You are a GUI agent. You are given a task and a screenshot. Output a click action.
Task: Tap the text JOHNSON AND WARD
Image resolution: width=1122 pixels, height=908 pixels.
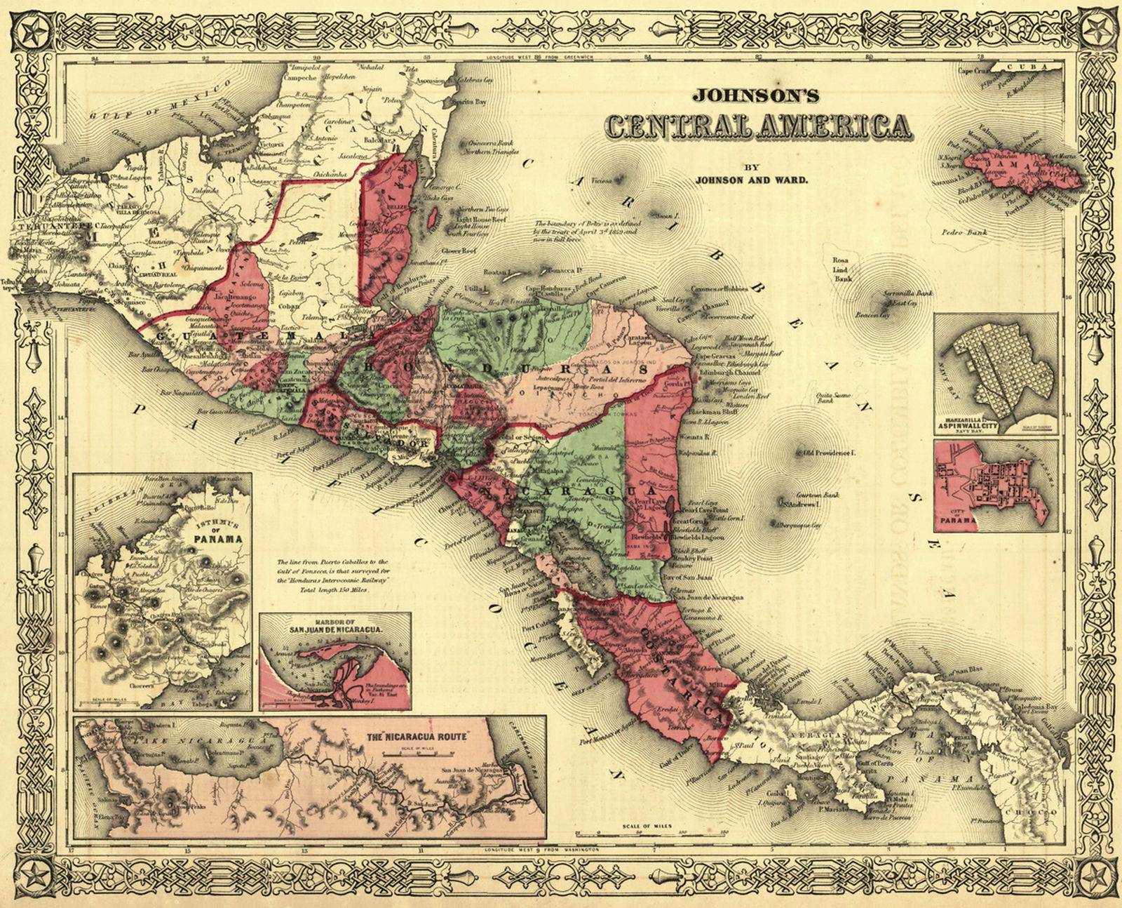click(x=751, y=180)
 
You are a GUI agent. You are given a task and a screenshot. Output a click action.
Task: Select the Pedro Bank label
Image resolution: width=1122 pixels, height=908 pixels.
click(x=964, y=232)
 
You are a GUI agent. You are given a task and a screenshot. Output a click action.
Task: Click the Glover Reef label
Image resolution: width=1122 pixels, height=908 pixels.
click(x=459, y=251)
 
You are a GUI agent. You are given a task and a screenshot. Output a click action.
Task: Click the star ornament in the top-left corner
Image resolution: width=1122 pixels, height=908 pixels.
click(x=33, y=33)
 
